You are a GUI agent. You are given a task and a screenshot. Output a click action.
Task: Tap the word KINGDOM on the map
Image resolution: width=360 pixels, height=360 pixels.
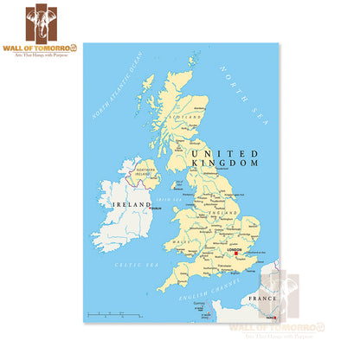(225, 163)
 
